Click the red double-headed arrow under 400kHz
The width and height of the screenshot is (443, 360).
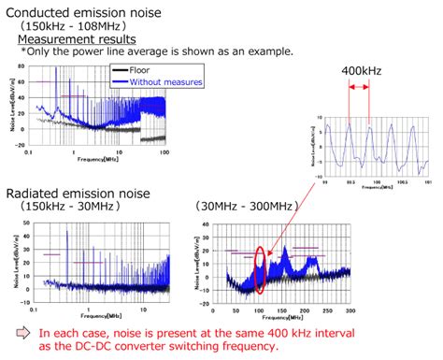(x=359, y=89)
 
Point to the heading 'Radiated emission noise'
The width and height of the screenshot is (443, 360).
(x=79, y=194)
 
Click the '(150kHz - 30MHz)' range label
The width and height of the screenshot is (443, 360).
(x=65, y=207)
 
